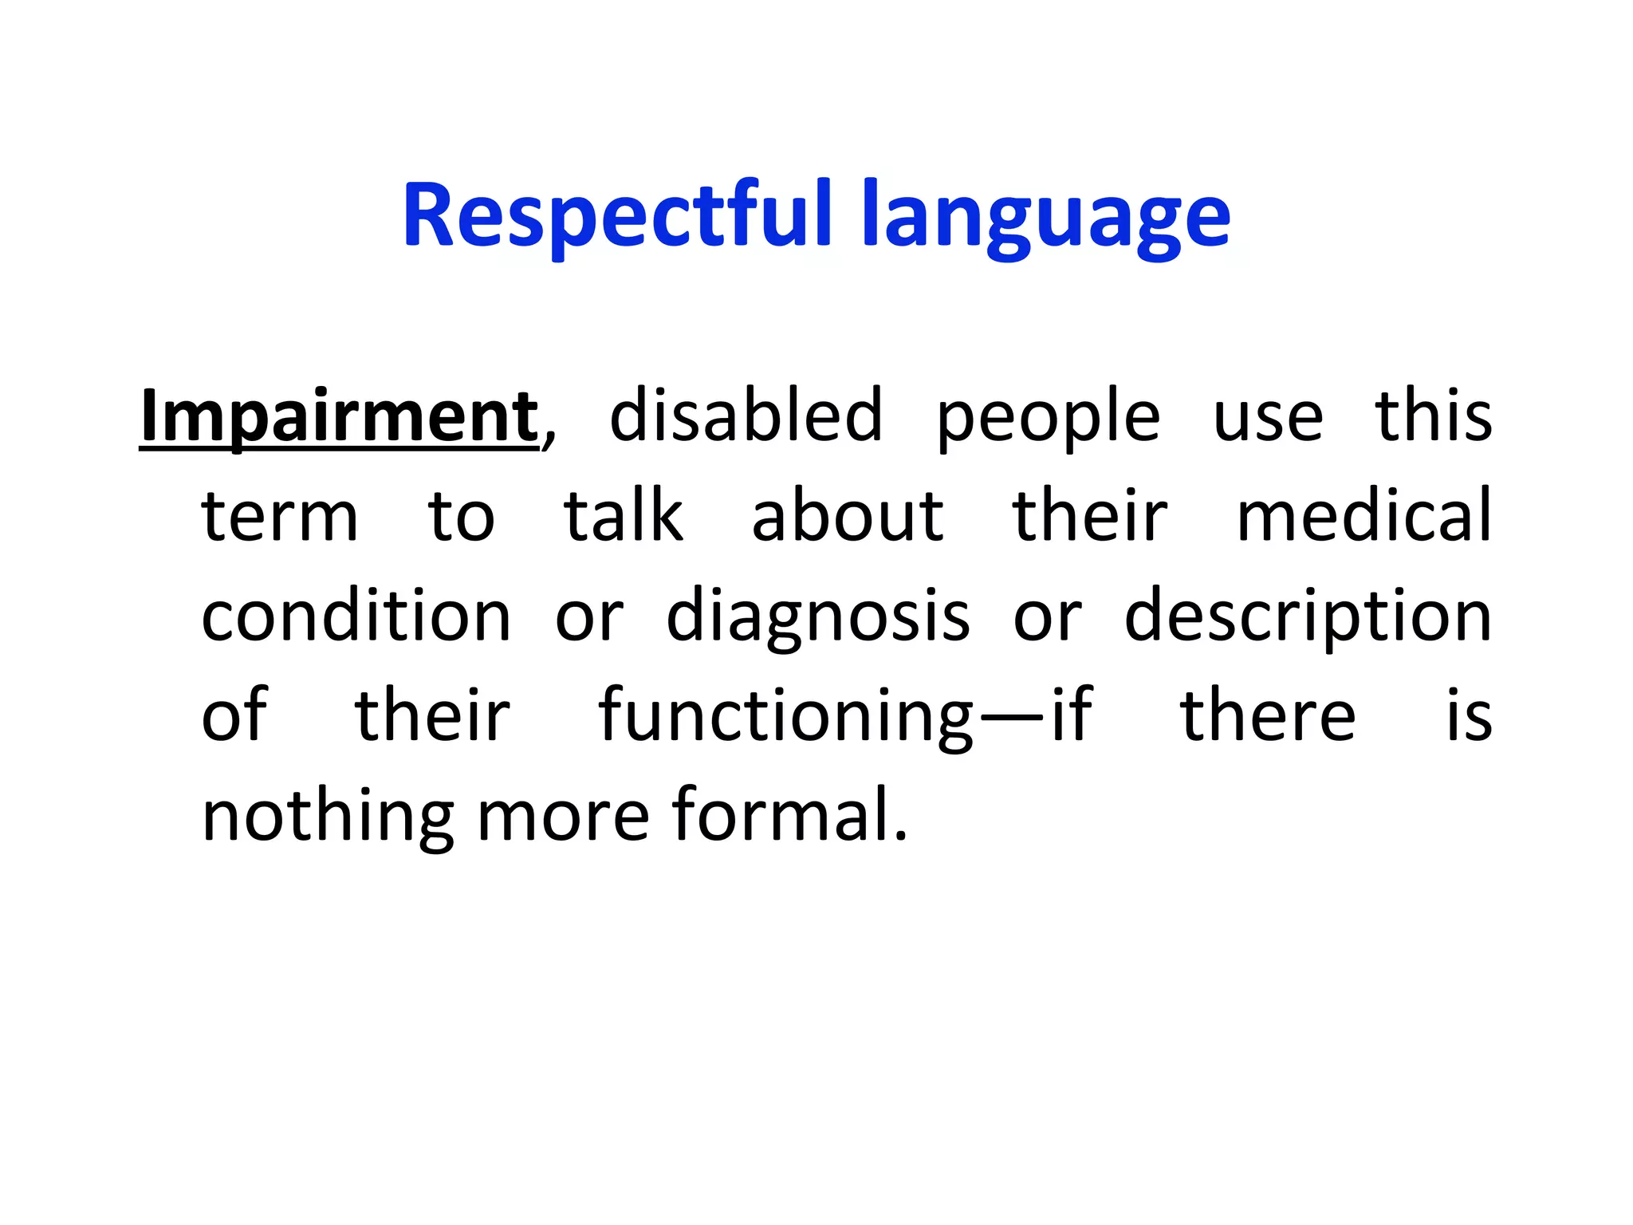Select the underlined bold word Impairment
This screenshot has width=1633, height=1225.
click(x=339, y=416)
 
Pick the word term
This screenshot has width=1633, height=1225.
click(x=280, y=517)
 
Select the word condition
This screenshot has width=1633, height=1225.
click(x=356, y=616)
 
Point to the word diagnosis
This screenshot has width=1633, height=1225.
click(x=818, y=617)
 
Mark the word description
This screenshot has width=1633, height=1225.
click(x=1308, y=617)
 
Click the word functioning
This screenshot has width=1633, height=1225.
click(x=785, y=716)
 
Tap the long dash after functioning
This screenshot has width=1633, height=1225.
click(x=1012, y=717)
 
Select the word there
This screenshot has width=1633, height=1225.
click(x=1268, y=715)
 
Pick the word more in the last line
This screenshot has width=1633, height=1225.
click(x=564, y=817)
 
